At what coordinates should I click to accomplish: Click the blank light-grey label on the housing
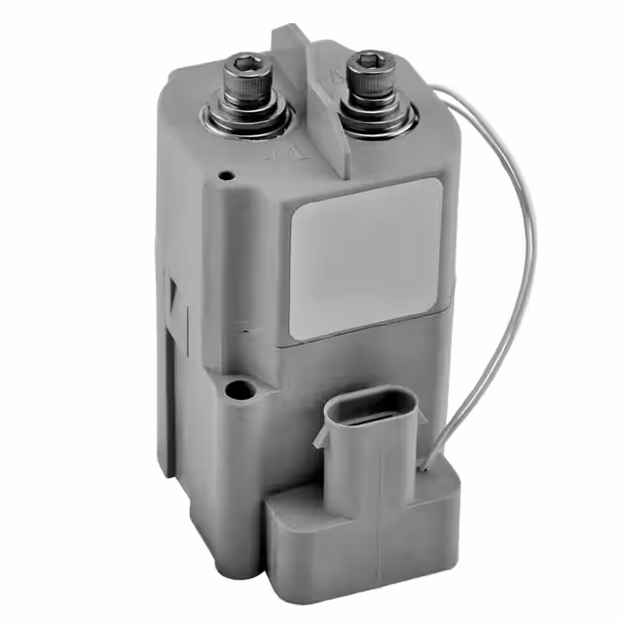coord(366,257)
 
